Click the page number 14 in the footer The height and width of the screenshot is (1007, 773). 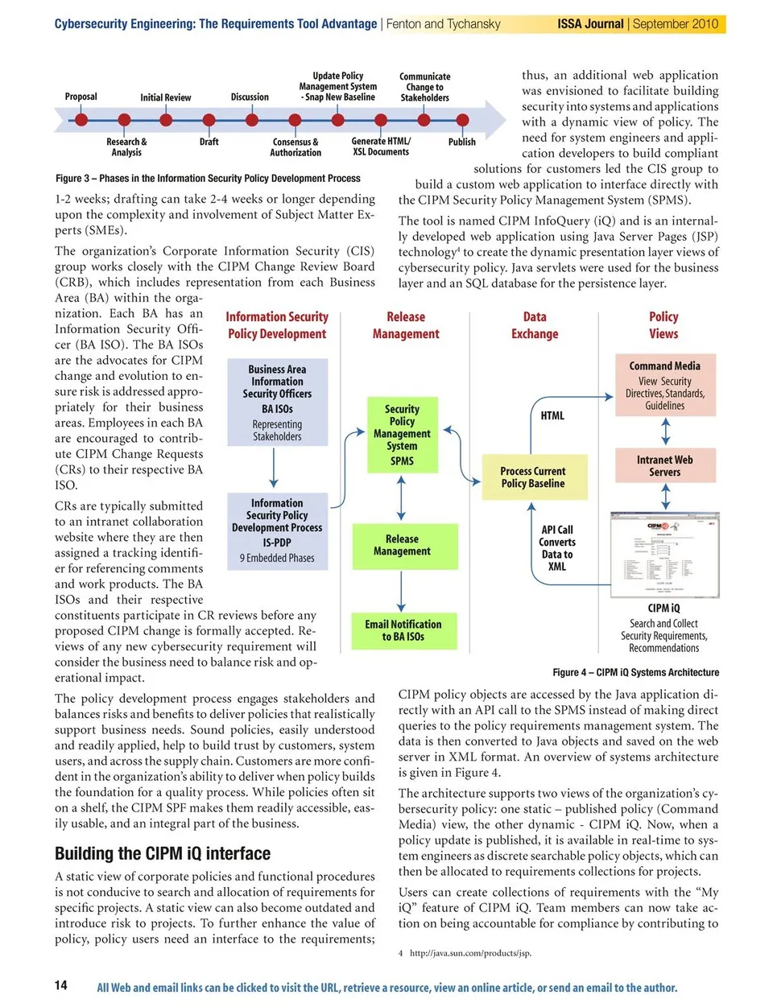[x=61, y=985]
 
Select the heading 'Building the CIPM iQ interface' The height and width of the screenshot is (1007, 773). [x=163, y=853]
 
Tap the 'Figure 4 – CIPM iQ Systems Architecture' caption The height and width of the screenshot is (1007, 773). [x=635, y=672]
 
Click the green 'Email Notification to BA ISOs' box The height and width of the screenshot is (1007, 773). [x=403, y=630]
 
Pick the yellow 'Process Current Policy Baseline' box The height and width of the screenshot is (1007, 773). [x=532, y=477]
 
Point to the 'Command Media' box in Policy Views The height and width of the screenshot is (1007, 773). [x=664, y=386]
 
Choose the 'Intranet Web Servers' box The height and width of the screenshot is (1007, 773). [x=664, y=466]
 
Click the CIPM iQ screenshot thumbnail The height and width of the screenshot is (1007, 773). [x=664, y=555]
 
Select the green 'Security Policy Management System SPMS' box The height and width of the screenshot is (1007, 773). [x=402, y=434]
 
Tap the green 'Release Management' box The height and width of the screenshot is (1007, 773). [x=402, y=545]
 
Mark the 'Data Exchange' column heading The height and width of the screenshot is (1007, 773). [x=535, y=325]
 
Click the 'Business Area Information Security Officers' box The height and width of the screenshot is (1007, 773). [x=277, y=402]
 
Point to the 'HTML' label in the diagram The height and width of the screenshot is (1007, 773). [x=552, y=415]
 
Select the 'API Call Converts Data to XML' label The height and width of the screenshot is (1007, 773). [x=557, y=548]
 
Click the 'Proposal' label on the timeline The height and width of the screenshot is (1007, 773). [x=81, y=97]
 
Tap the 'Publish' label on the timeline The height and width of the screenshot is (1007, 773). [x=461, y=142]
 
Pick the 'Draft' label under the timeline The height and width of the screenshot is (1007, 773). [x=209, y=142]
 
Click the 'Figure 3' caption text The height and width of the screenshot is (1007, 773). [x=208, y=179]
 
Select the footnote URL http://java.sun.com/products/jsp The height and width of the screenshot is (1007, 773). [x=470, y=953]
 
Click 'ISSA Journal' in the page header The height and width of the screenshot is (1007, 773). [x=590, y=24]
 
